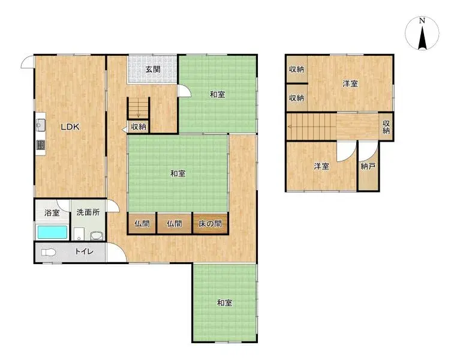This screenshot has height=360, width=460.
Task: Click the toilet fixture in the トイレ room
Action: (x=48, y=253)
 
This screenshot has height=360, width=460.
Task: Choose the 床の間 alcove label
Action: (x=210, y=224)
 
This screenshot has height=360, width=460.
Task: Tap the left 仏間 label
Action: (x=142, y=224)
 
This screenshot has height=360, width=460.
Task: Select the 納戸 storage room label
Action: (x=368, y=166)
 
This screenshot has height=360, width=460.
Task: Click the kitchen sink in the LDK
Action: (x=41, y=125)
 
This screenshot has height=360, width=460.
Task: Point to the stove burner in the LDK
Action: (x=41, y=145)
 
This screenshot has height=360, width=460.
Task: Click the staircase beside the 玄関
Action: (x=138, y=109)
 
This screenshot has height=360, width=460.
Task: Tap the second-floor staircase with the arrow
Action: (x=311, y=127)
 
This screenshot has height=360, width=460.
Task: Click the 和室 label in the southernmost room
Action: (x=224, y=303)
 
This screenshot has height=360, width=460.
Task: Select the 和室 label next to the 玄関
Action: (x=217, y=94)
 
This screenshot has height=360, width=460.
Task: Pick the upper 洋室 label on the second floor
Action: (x=350, y=84)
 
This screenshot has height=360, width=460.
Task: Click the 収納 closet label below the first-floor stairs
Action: (x=139, y=127)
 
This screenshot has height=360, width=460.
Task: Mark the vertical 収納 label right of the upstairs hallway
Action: (x=387, y=126)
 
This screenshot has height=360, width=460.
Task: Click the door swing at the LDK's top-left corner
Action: (x=28, y=61)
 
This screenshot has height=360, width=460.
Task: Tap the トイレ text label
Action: (x=83, y=252)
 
